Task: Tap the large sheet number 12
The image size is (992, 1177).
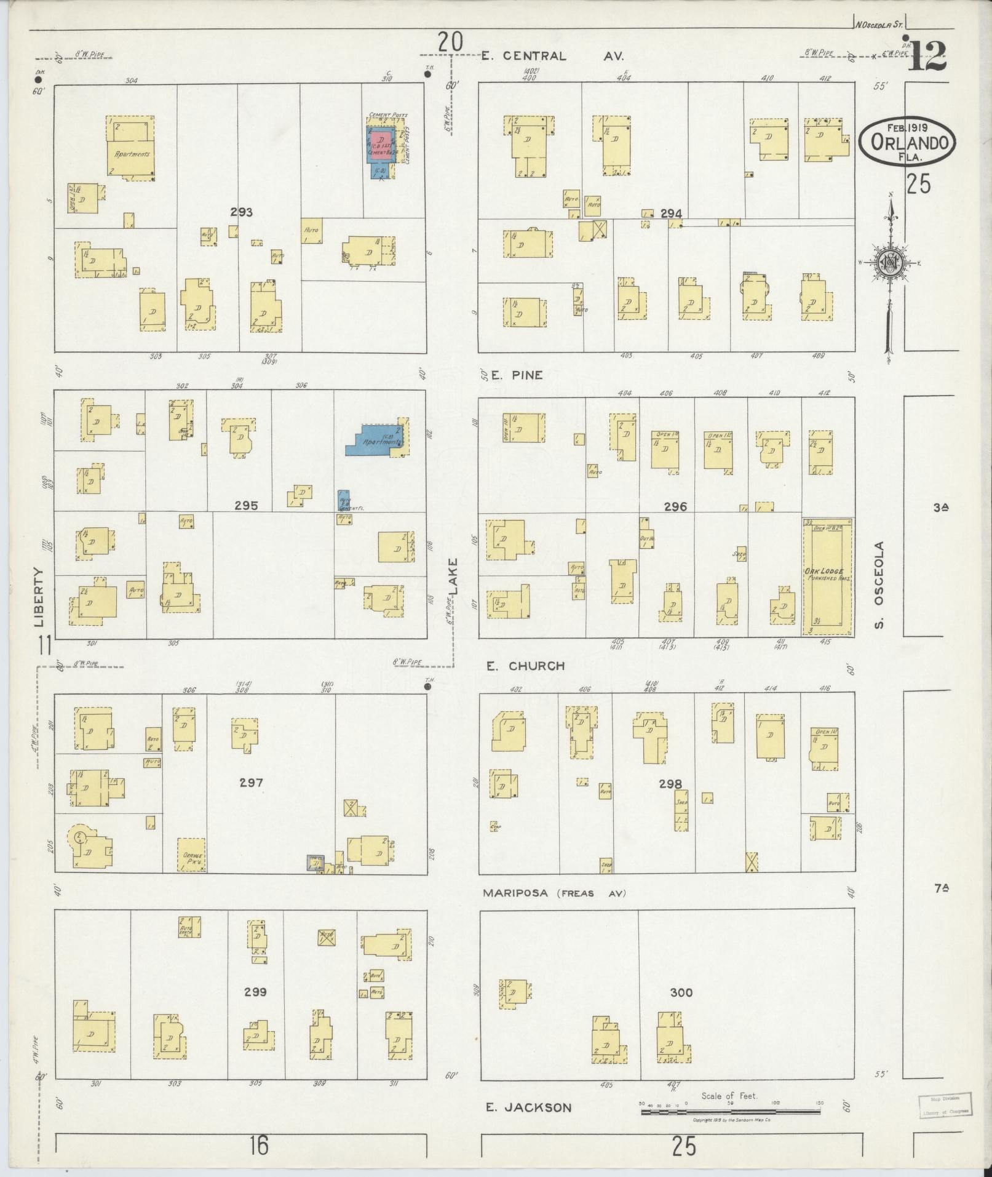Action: pyautogui.click(x=927, y=57)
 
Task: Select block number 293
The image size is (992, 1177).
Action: pyautogui.click(x=242, y=212)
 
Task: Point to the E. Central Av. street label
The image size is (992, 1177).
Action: pyautogui.click(x=552, y=56)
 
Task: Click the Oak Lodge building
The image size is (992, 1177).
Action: pyautogui.click(x=827, y=577)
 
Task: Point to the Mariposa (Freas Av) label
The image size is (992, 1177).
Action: pyautogui.click(x=554, y=893)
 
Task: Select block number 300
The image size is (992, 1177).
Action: pyautogui.click(x=681, y=992)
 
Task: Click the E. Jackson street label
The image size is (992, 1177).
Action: pyautogui.click(x=528, y=1107)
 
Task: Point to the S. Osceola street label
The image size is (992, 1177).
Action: pyautogui.click(x=879, y=585)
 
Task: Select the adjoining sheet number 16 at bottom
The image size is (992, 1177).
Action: pyautogui.click(x=259, y=1146)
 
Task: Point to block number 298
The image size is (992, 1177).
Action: pyautogui.click(x=670, y=784)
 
